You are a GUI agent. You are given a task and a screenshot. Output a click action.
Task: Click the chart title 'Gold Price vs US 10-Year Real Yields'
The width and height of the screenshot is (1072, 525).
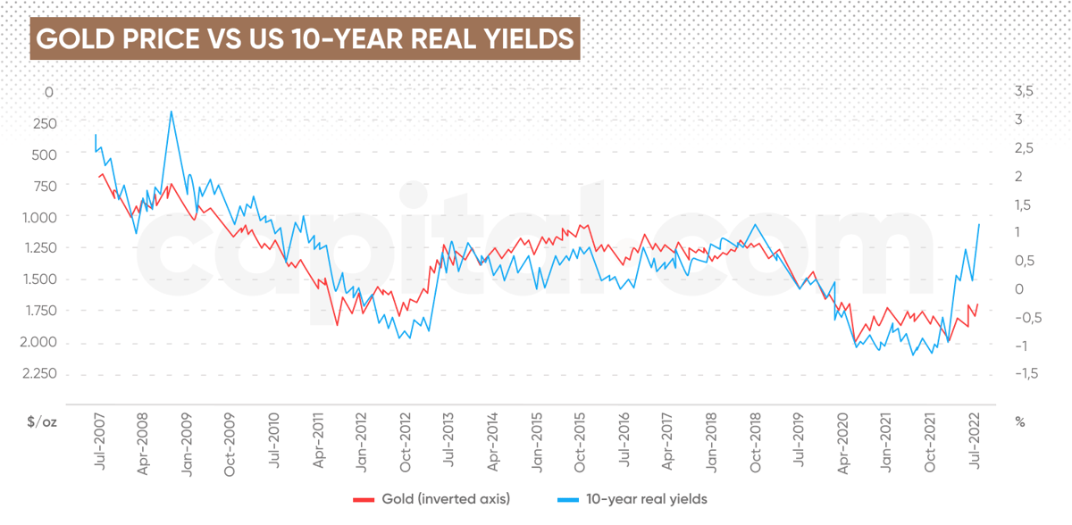[305, 39]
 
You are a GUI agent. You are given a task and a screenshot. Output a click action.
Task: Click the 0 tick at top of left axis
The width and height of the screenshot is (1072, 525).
[49, 91]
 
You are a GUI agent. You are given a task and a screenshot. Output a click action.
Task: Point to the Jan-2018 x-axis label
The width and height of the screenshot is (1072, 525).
[712, 438]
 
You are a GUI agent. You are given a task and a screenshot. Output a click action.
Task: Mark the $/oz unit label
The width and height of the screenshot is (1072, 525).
[41, 422]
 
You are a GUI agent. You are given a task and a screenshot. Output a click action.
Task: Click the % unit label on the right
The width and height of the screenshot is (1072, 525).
[1019, 422]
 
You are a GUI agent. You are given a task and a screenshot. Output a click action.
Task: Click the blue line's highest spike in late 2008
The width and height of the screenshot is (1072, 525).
[171, 112]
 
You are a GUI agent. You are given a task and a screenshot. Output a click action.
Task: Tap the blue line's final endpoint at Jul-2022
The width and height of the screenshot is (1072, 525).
[980, 224]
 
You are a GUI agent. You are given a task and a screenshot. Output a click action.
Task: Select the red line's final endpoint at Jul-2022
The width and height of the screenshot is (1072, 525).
[978, 304]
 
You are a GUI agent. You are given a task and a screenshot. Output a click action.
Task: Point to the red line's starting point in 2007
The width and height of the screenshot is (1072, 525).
[99, 177]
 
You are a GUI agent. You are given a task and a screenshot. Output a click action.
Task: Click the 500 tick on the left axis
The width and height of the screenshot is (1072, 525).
[43, 154]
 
